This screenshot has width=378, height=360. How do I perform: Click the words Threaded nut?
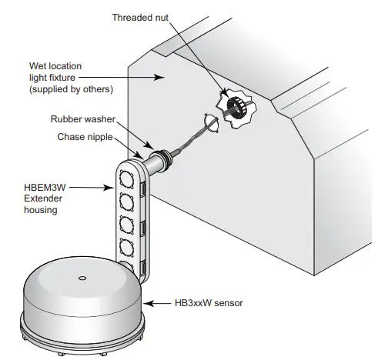tap(140, 16)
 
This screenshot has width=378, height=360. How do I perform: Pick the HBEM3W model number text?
tap(47, 186)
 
